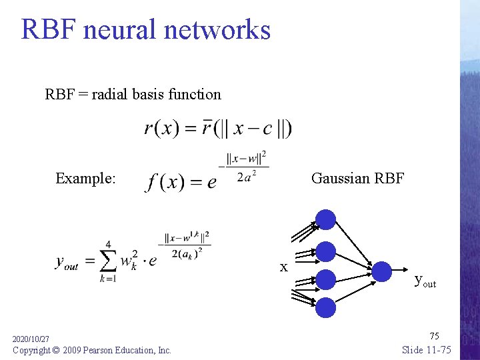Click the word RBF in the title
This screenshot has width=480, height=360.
[47, 30]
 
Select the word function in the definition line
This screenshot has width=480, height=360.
[195, 94]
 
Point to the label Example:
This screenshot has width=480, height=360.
[85, 178]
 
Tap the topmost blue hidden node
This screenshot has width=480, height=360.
[325, 219]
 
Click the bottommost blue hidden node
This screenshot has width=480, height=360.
[325, 307]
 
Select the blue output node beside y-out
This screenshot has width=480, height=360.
[381, 271]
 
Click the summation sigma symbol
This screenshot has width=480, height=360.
[107, 261]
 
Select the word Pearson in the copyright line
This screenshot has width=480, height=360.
[104, 350]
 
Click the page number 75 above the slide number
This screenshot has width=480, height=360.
[434, 335]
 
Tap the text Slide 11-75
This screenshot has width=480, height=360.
[427, 350]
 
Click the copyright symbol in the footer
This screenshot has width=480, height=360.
[57, 350]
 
